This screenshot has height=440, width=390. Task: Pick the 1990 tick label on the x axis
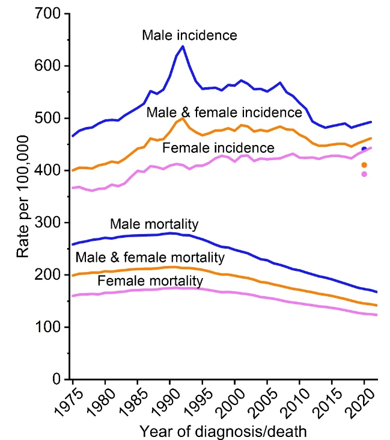click(x=162, y=401)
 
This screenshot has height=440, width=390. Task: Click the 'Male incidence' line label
click(x=189, y=35)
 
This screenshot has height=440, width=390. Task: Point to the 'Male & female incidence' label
click(x=224, y=113)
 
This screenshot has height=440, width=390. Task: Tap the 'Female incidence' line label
click(x=219, y=148)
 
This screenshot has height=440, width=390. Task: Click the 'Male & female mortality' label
click(x=150, y=258)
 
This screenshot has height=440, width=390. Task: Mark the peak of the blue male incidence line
click(x=183, y=46)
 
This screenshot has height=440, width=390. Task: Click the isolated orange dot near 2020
click(x=364, y=165)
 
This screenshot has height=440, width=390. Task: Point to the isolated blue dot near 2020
click(x=364, y=149)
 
